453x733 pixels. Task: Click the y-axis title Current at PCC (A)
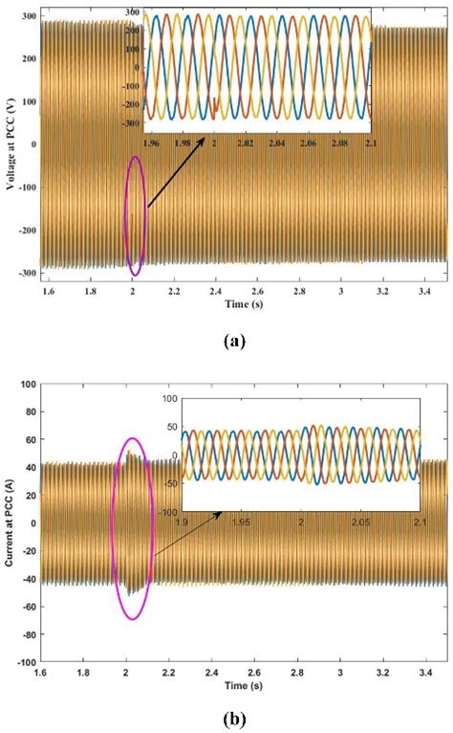pos(11,522)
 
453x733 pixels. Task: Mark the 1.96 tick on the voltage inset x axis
pos(152,144)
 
